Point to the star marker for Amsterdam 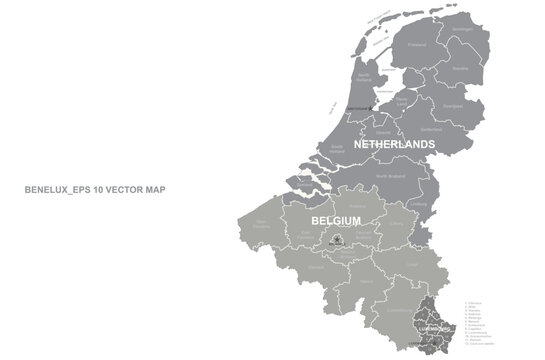371,103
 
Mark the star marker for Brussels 337,240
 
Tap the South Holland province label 336,148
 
